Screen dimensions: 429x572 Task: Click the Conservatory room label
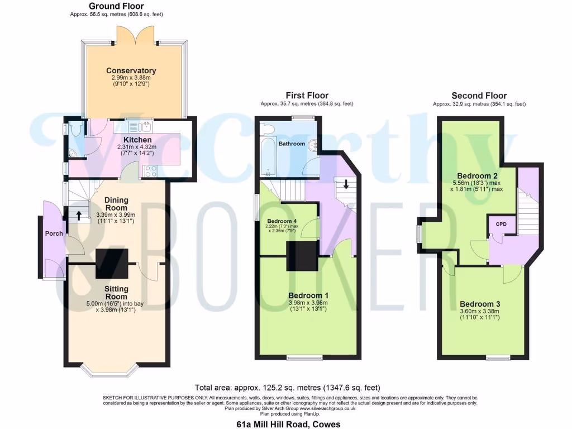tap(131, 71)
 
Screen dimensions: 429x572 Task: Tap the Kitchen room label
tap(137, 140)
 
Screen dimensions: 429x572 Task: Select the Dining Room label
tap(116, 204)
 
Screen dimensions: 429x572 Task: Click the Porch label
tap(54, 233)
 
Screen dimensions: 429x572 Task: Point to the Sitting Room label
tap(116, 293)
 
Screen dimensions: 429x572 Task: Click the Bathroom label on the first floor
tap(292, 144)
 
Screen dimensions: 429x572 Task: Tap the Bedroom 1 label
tap(308, 295)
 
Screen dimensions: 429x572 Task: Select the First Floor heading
tap(307, 96)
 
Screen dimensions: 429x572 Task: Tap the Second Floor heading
tap(479, 96)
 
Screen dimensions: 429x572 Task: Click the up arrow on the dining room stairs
tap(79, 213)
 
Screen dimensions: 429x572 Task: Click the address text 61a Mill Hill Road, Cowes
tap(288, 424)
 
